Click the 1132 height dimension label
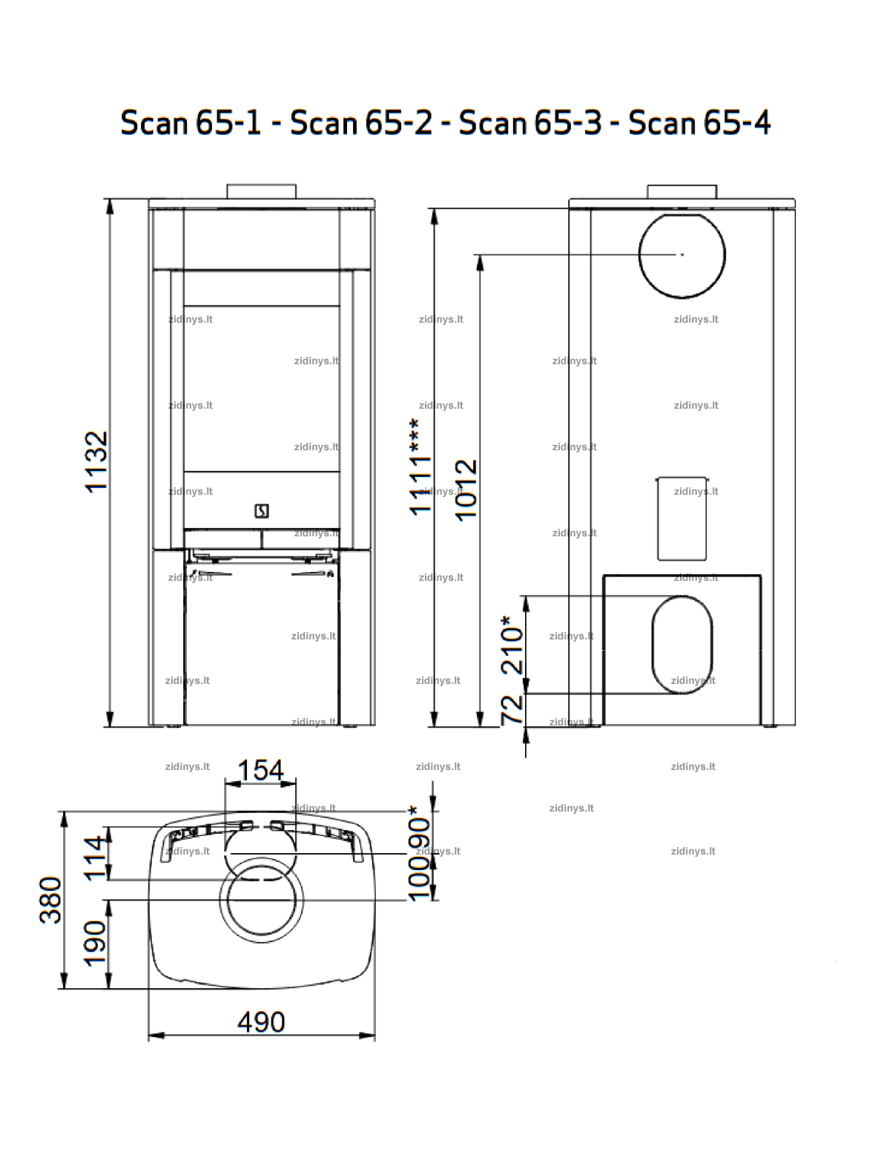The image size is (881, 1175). [x=97, y=462]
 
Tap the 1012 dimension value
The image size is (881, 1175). [x=466, y=490]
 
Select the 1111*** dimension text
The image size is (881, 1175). [x=420, y=467]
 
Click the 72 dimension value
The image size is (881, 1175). [x=512, y=709]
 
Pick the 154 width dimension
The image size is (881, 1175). [x=260, y=771]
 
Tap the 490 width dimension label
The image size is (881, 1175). [x=261, y=1022]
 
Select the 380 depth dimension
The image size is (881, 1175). [x=51, y=901]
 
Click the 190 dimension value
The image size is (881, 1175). [x=95, y=944]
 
